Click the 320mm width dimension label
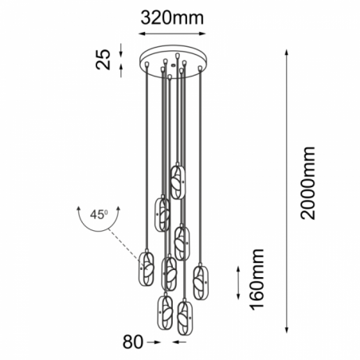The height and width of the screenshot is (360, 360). [172, 18]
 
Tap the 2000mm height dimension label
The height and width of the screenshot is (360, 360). [307, 183]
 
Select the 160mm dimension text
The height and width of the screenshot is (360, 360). [256, 280]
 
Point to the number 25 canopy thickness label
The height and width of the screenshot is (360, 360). [103, 60]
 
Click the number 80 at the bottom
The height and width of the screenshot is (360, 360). [133, 342]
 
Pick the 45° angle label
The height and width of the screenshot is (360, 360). [99, 214]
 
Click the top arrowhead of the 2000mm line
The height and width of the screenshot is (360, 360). [287, 52]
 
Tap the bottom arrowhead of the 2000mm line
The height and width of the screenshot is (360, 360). [287, 330]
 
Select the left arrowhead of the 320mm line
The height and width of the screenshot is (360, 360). [142, 33]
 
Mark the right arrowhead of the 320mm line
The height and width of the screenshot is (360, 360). [202, 33]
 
